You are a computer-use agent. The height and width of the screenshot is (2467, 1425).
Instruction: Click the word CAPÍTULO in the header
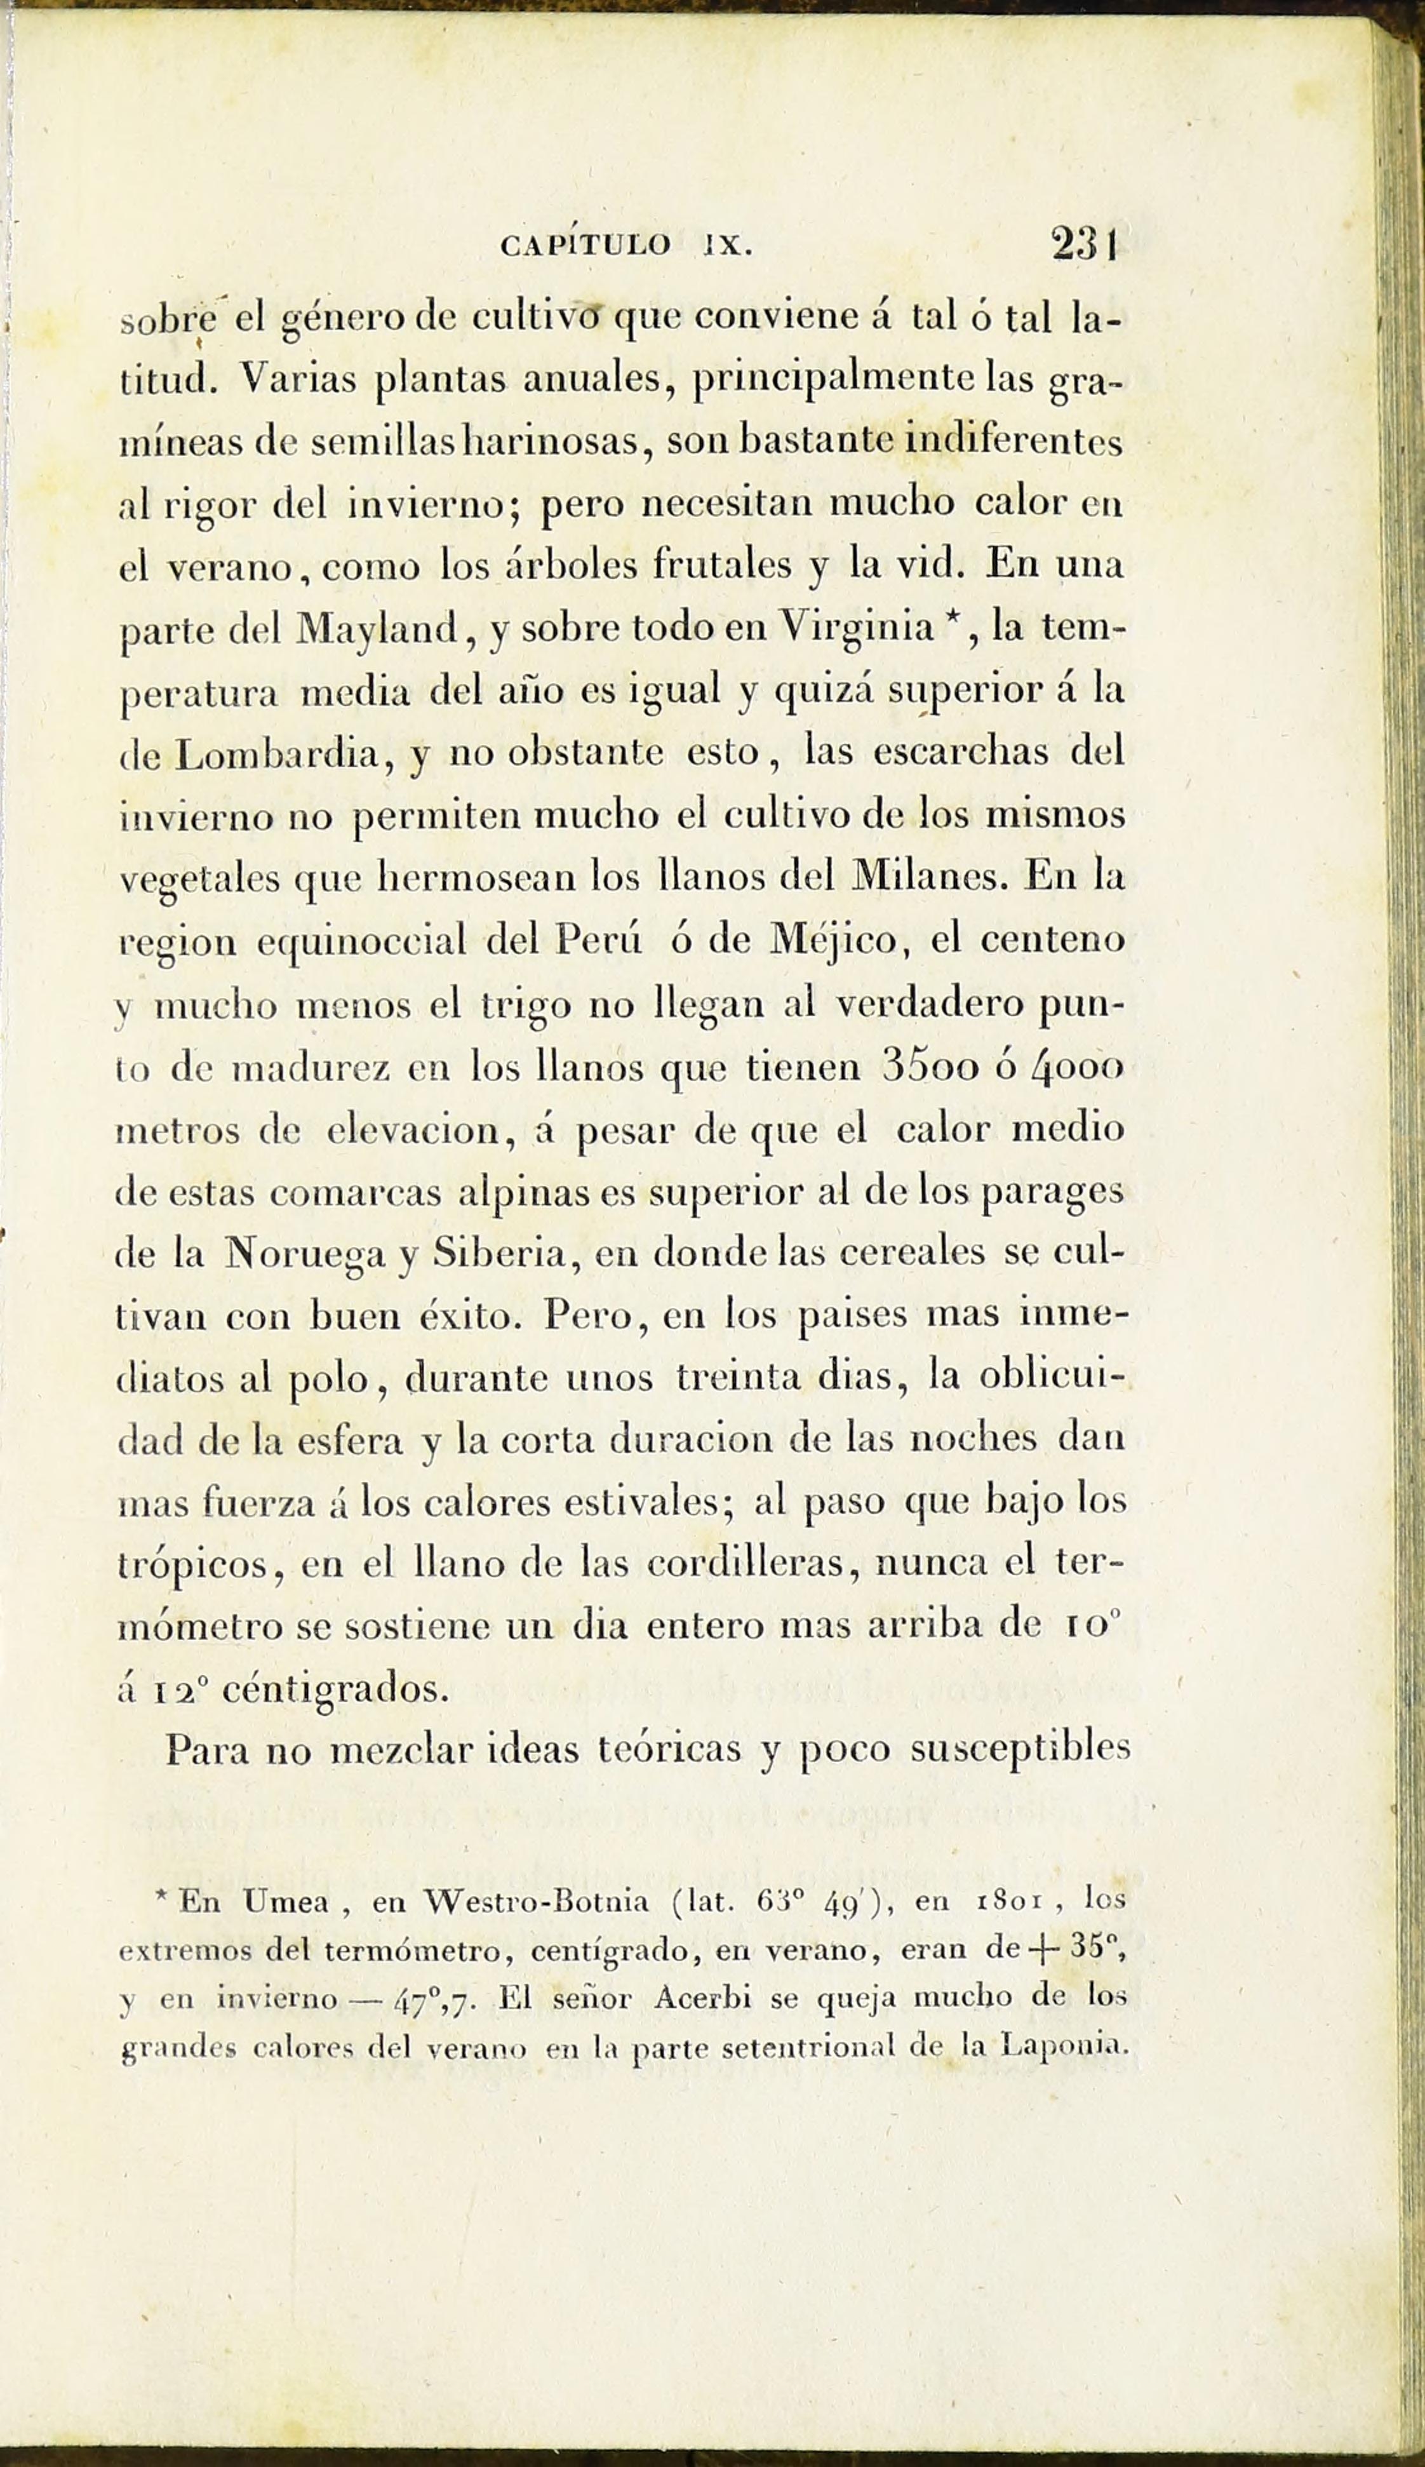585,245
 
